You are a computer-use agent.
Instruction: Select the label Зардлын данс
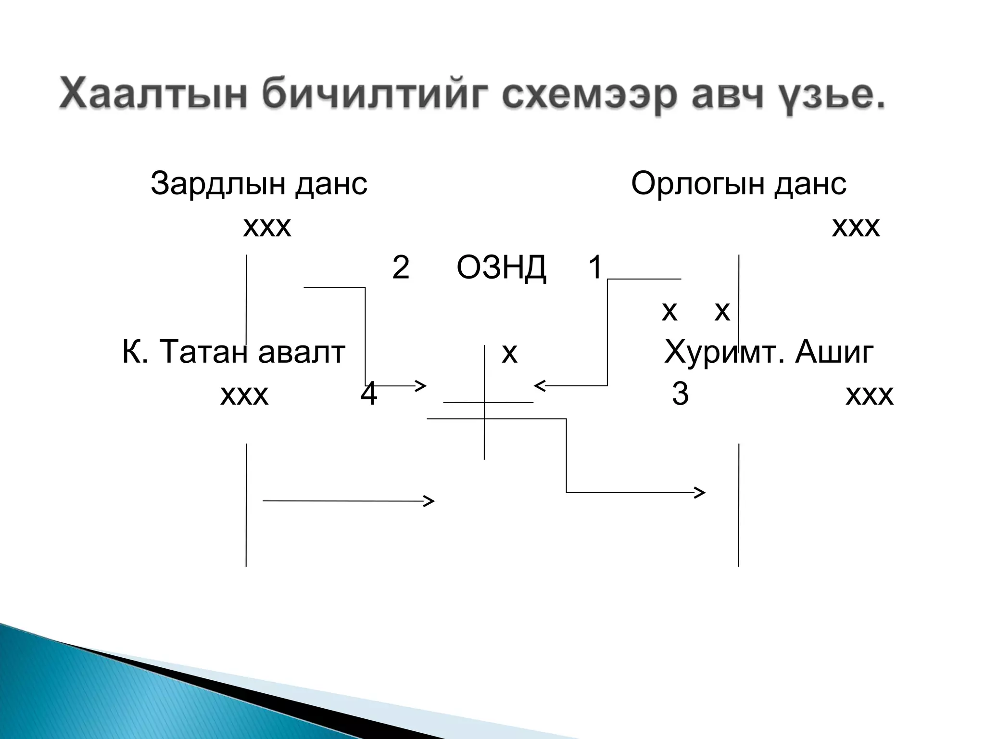tap(259, 184)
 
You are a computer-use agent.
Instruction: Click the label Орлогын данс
tap(738, 184)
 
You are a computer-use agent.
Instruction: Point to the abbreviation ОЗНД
tap(501, 268)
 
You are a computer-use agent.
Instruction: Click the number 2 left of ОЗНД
tap(400, 268)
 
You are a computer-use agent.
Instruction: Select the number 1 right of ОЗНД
tap(595, 267)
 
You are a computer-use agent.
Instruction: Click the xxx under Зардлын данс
tap(267, 227)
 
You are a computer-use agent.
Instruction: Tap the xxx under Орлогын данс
tap(856, 227)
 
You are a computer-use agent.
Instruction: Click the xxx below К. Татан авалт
tap(244, 395)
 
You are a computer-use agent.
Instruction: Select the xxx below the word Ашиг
tap(869, 395)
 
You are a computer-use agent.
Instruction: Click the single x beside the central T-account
tap(509, 354)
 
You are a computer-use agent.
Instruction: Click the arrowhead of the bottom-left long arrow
tap(429, 501)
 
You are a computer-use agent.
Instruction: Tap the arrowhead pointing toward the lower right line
tap(701, 492)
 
